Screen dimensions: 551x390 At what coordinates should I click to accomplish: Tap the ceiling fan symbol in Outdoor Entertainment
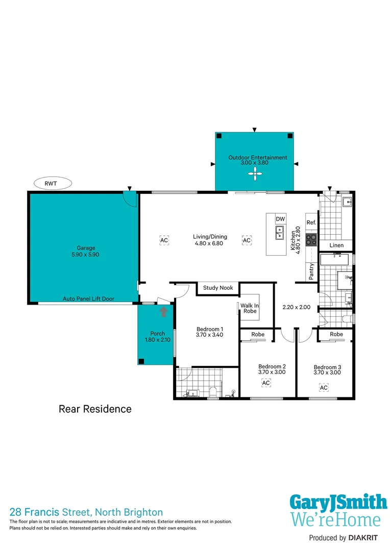[254, 175]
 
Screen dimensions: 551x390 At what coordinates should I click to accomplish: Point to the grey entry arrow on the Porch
[163, 312]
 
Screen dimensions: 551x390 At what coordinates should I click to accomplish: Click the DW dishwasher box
[280, 219]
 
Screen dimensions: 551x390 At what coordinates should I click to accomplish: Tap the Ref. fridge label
[311, 222]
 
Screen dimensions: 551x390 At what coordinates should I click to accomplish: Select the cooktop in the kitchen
[311, 239]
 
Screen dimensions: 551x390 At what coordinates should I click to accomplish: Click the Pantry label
[311, 271]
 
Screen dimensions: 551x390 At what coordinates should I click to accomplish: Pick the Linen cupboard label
[336, 245]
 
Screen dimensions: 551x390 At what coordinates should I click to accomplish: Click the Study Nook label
[218, 288]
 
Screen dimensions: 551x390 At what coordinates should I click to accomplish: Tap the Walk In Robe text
[250, 308]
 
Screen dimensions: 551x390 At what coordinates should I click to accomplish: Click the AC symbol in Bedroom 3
[324, 388]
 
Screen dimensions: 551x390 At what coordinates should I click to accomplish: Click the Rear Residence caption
[95, 409]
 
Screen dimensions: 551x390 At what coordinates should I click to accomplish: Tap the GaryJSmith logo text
[338, 503]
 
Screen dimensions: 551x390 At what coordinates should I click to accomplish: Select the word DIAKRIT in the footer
[366, 538]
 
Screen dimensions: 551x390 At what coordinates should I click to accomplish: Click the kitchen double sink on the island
[280, 233]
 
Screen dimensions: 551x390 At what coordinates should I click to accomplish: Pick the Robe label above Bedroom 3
[336, 334]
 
